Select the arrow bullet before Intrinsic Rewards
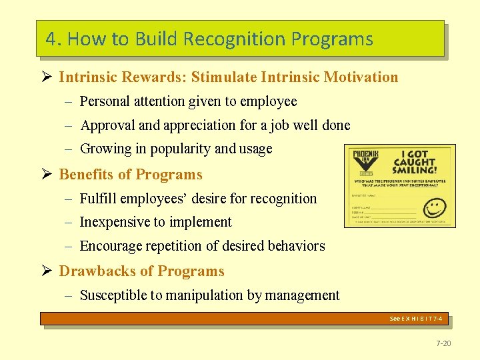point(46,77)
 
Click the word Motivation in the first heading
point(361,77)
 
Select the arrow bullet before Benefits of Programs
point(46,175)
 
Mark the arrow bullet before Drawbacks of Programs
point(46,271)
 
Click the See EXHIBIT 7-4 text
point(416,319)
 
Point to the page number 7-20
point(443,343)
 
